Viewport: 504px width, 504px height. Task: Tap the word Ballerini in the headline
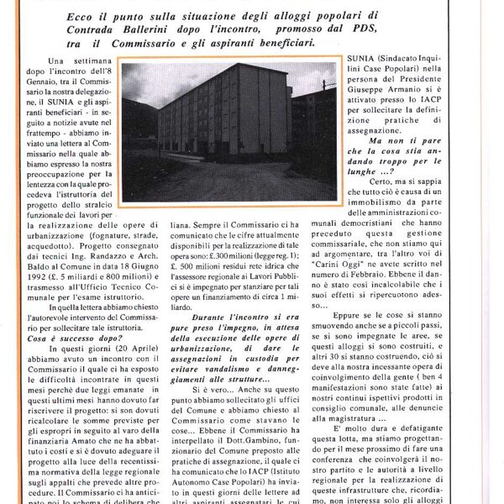coord(192,29)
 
